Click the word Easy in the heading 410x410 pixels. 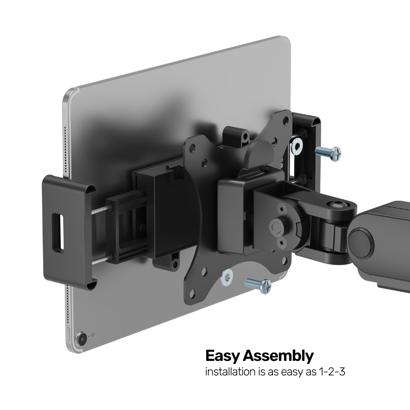coord(223,356)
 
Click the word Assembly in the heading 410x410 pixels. coord(278,356)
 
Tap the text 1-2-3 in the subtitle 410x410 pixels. coord(332,372)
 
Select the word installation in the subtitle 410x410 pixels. coord(231,372)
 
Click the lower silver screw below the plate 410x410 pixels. coord(258,285)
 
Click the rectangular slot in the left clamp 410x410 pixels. coord(58,233)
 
